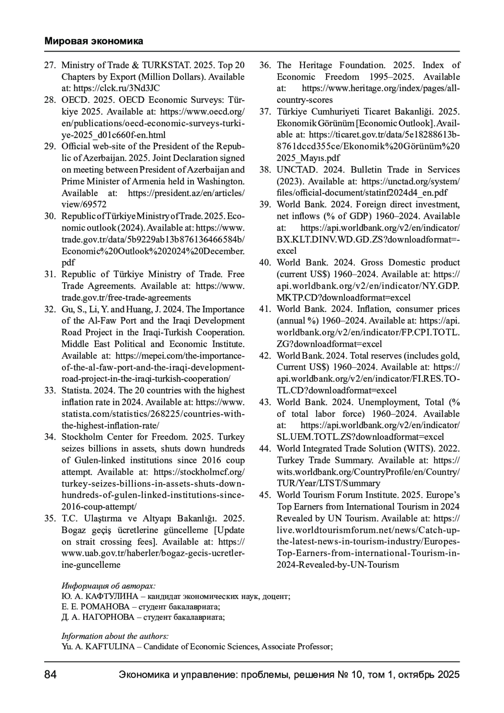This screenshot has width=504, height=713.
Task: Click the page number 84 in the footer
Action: point(50,675)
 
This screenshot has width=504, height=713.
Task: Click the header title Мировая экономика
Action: point(94,41)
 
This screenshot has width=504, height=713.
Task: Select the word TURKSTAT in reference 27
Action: point(166,66)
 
